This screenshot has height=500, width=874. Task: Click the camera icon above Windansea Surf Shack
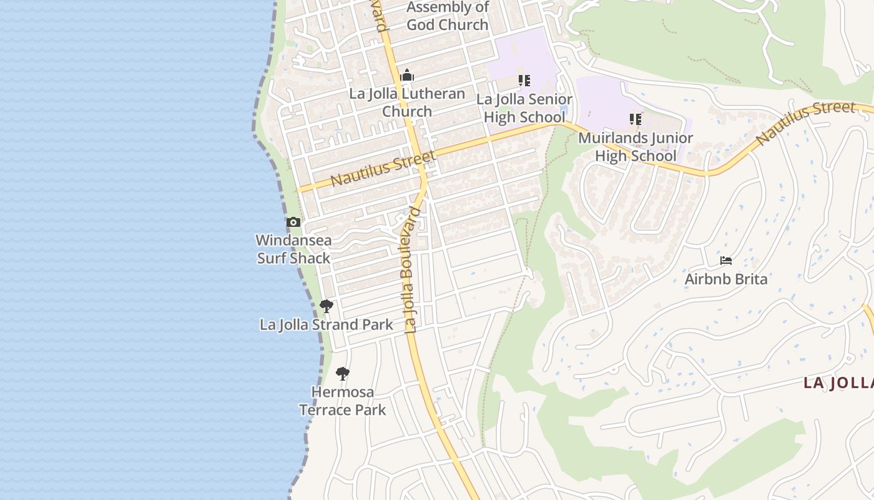293,222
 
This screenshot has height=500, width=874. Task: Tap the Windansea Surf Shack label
293,249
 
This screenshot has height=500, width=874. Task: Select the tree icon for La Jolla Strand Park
326,306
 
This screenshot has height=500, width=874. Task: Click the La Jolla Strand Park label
326,325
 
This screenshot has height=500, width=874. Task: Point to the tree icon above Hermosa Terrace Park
342,374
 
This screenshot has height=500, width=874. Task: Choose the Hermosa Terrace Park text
342,401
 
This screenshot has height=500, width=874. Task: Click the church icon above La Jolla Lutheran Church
407,76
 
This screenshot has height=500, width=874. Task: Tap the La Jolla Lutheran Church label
407,102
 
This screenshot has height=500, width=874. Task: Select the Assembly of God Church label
448,16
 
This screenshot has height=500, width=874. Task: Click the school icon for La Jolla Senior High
524,81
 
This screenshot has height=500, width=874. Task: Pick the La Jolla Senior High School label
524,108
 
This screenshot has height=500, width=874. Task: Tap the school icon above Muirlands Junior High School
636,119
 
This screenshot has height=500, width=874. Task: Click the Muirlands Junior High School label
636,147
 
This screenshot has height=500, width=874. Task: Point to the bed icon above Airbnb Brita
725,260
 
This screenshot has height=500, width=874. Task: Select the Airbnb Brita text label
725,279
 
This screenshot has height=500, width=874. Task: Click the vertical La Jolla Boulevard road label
411,269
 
